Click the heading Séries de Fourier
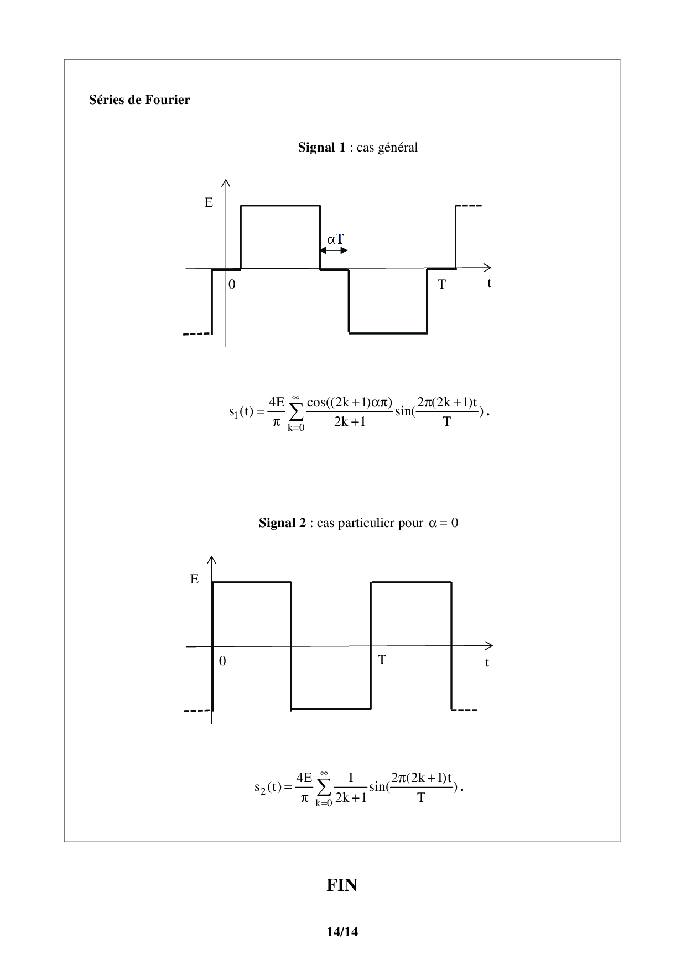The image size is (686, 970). click(x=139, y=100)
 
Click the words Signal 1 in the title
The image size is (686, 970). click(x=322, y=147)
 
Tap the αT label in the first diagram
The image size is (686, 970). click(x=335, y=239)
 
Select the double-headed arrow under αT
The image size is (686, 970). click(x=334, y=251)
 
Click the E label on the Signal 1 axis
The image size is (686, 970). click(x=209, y=203)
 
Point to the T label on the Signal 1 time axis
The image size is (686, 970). click(x=441, y=285)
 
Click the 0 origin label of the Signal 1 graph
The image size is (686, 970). click(x=232, y=285)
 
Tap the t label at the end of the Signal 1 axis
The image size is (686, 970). click(x=489, y=283)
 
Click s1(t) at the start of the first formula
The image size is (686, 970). click(x=241, y=412)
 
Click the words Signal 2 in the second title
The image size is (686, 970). click(x=282, y=523)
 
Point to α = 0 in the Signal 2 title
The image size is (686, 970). click(x=443, y=523)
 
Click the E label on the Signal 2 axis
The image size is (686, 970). click(x=194, y=580)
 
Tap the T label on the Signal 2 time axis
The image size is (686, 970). click(x=382, y=660)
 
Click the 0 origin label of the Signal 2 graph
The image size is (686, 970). click(x=222, y=661)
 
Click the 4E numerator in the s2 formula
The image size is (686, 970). click(x=304, y=778)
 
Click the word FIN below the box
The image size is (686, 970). click(x=342, y=885)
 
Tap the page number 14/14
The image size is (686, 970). click(x=342, y=932)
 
